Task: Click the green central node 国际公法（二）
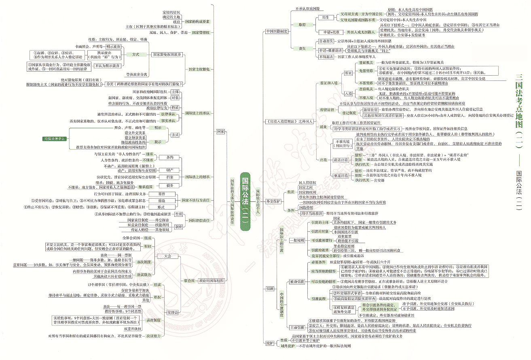pos(246,202)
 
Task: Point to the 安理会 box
pos(172,312)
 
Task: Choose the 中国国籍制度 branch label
pos(277,31)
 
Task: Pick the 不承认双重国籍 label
pos(308,8)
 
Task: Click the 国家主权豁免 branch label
pos(199,69)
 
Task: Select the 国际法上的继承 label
pos(197,177)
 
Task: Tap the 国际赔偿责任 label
pos(199,220)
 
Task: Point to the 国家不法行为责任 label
pos(195,200)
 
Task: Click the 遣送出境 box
pos(341,160)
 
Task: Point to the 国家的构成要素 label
pos(197,21)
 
